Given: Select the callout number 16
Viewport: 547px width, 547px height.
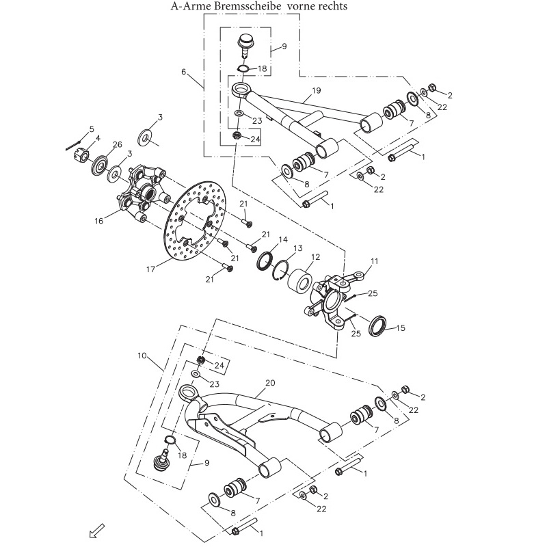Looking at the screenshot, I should (98, 221).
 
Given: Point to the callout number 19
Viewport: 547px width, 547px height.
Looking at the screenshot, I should (317, 90).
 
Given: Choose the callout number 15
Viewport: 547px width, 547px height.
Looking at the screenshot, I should (401, 328).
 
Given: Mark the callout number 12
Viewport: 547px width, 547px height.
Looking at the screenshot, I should (316, 257).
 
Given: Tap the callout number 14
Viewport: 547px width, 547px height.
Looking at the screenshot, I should (283, 239).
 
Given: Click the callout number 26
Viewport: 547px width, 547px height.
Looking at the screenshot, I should (118, 144).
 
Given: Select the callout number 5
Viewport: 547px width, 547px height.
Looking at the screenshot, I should (91, 129).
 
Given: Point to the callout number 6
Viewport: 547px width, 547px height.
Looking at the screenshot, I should (183, 72).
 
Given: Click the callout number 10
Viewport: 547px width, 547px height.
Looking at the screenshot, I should (142, 356).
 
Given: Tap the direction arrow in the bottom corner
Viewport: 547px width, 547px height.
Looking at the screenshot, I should (97, 531).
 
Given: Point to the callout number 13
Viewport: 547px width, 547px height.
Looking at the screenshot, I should (297, 248).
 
